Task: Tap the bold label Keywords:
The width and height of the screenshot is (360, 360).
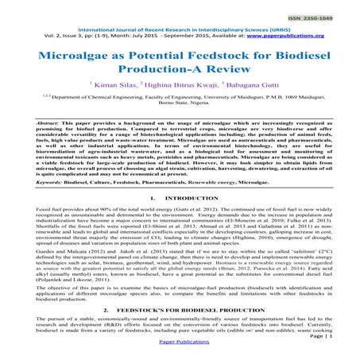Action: tap(29, 204)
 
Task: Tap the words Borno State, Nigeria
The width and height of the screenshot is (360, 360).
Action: tap(180, 129)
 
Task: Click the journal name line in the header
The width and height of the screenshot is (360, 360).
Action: tap(180, 29)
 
